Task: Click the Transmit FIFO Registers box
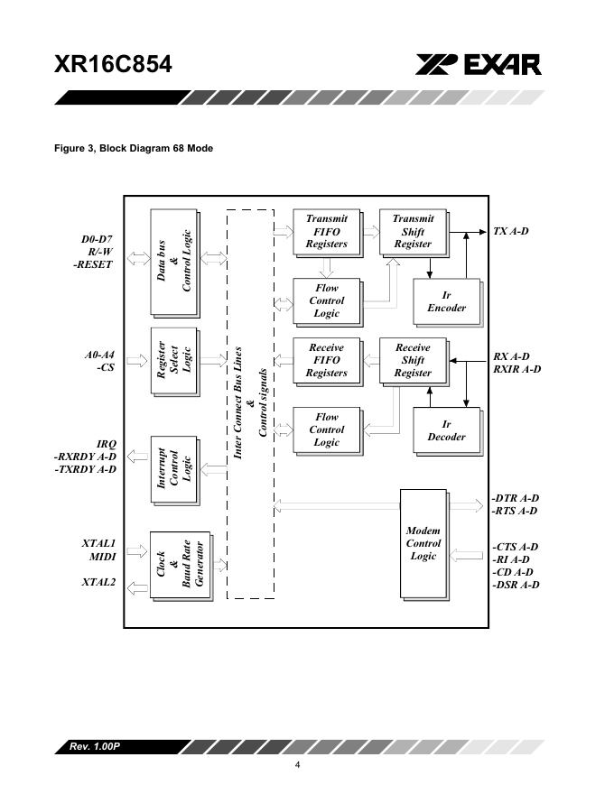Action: tap(326, 232)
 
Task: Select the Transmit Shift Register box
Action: tap(413, 232)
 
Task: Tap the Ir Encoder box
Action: tap(446, 302)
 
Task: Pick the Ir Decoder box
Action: tap(446, 431)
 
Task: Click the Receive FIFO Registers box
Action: tap(326, 360)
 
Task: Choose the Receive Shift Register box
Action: tap(413, 360)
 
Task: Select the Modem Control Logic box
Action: tap(423, 543)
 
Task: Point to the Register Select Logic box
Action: tap(174, 361)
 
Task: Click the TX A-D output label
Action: tap(510, 232)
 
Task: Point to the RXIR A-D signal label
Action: tap(516, 369)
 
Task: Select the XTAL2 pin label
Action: tap(98, 583)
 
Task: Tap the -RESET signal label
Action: tap(93, 265)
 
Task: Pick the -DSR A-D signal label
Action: tap(516, 585)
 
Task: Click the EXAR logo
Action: tap(479, 65)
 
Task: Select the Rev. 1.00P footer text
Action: tap(95, 747)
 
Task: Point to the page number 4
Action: tap(298, 766)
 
